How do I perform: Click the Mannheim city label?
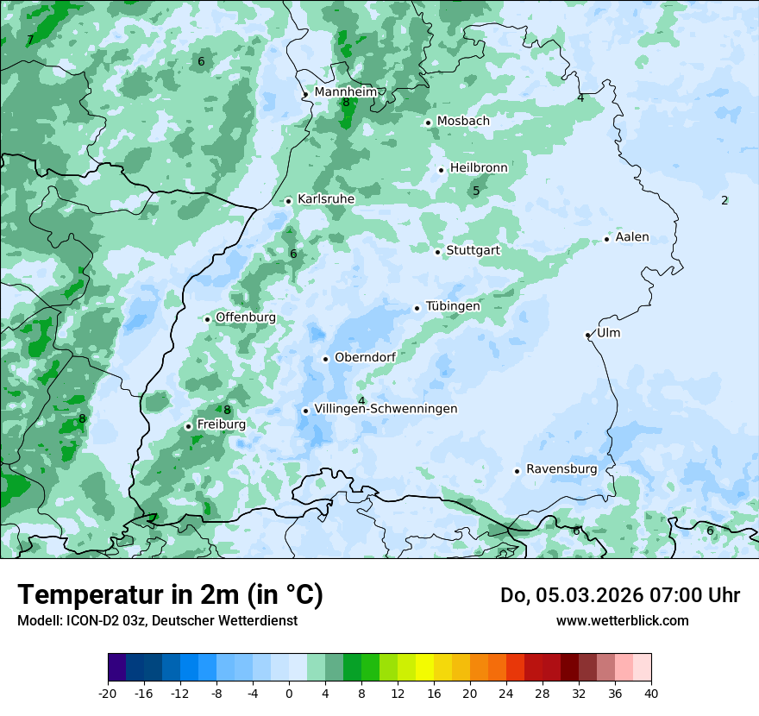[345, 91]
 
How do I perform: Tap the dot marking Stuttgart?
[437, 252]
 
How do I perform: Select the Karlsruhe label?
[325, 199]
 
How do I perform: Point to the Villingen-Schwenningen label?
[386, 409]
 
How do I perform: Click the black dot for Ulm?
[587, 335]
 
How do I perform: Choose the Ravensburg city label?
[561, 469]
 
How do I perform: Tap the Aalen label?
[631, 237]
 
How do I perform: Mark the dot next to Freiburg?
[188, 426]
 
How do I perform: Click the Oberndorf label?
[365, 357]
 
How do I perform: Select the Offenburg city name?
[245, 317]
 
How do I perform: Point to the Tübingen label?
[453, 306]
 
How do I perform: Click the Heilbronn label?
[479, 168]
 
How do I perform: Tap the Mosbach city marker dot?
[428, 122]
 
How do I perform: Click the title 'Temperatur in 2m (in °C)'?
[170, 594]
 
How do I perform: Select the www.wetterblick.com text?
[622, 620]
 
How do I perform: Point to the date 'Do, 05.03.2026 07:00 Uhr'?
[619, 595]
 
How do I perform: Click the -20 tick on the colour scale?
[108, 693]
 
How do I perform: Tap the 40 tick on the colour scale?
[651, 693]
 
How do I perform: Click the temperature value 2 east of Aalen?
[724, 200]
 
